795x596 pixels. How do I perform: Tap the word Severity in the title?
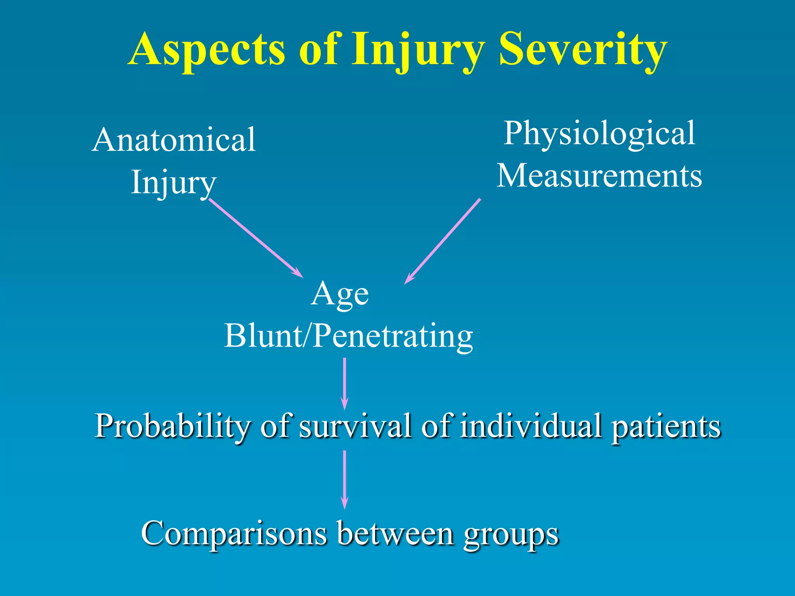tap(583, 50)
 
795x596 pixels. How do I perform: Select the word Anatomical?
tap(174, 140)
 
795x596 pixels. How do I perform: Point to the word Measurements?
tap(599, 176)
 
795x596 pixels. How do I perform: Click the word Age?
tap(340, 294)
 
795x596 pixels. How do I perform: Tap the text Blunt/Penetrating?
tap(349, 336)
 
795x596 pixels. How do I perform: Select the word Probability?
tap(172, 426)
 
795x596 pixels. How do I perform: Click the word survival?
tap(355, 426)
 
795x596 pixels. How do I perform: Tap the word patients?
tap(666, 426)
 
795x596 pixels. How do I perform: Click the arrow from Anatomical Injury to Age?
tap(256, 238)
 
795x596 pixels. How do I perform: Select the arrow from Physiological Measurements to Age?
tap(443, 241)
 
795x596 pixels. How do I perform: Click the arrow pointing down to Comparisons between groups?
tap(344, 479)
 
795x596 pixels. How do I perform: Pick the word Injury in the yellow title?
tap(418, 50)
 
